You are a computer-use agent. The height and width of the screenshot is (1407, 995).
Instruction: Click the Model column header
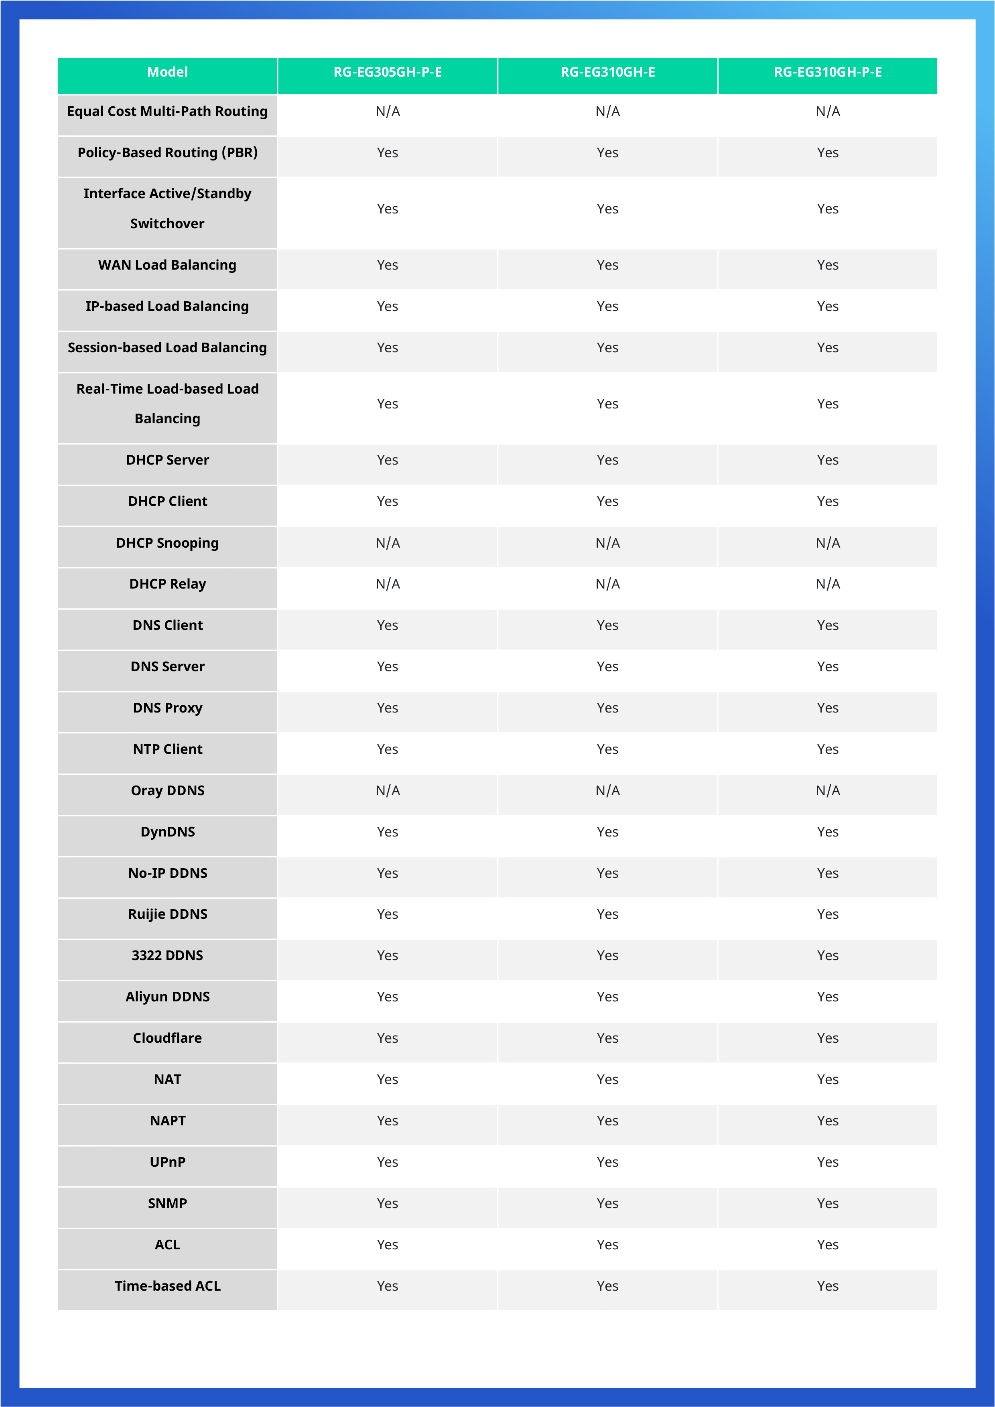[167, 72]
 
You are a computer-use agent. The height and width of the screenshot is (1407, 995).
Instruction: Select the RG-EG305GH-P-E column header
[387, 72]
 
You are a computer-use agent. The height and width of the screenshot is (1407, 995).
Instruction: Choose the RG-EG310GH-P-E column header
[827, 72]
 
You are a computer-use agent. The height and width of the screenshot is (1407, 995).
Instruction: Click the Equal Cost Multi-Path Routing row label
[167, 112]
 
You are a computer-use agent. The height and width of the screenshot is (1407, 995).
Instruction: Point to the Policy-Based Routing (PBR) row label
[167, 152]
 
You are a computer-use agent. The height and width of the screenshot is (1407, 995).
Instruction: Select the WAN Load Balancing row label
[167, 265]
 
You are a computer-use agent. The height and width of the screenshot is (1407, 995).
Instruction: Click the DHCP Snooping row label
[167, 543]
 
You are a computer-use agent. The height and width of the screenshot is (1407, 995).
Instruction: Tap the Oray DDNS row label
[167, 790]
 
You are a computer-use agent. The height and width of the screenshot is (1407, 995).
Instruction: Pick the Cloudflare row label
[167, 1038]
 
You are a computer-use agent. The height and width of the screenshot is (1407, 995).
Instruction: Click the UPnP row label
[167, 1162]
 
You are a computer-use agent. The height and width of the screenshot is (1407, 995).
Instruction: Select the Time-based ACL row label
[167, 1286]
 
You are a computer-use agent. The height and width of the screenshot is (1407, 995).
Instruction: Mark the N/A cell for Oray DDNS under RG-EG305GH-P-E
[387, 790]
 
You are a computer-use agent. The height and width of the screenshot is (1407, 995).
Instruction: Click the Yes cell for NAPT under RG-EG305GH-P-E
[387, 1121]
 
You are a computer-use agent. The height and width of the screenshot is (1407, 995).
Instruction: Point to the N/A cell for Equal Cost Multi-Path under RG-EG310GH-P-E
[827, 112]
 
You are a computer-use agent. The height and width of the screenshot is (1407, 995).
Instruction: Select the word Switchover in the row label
[167, 224]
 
